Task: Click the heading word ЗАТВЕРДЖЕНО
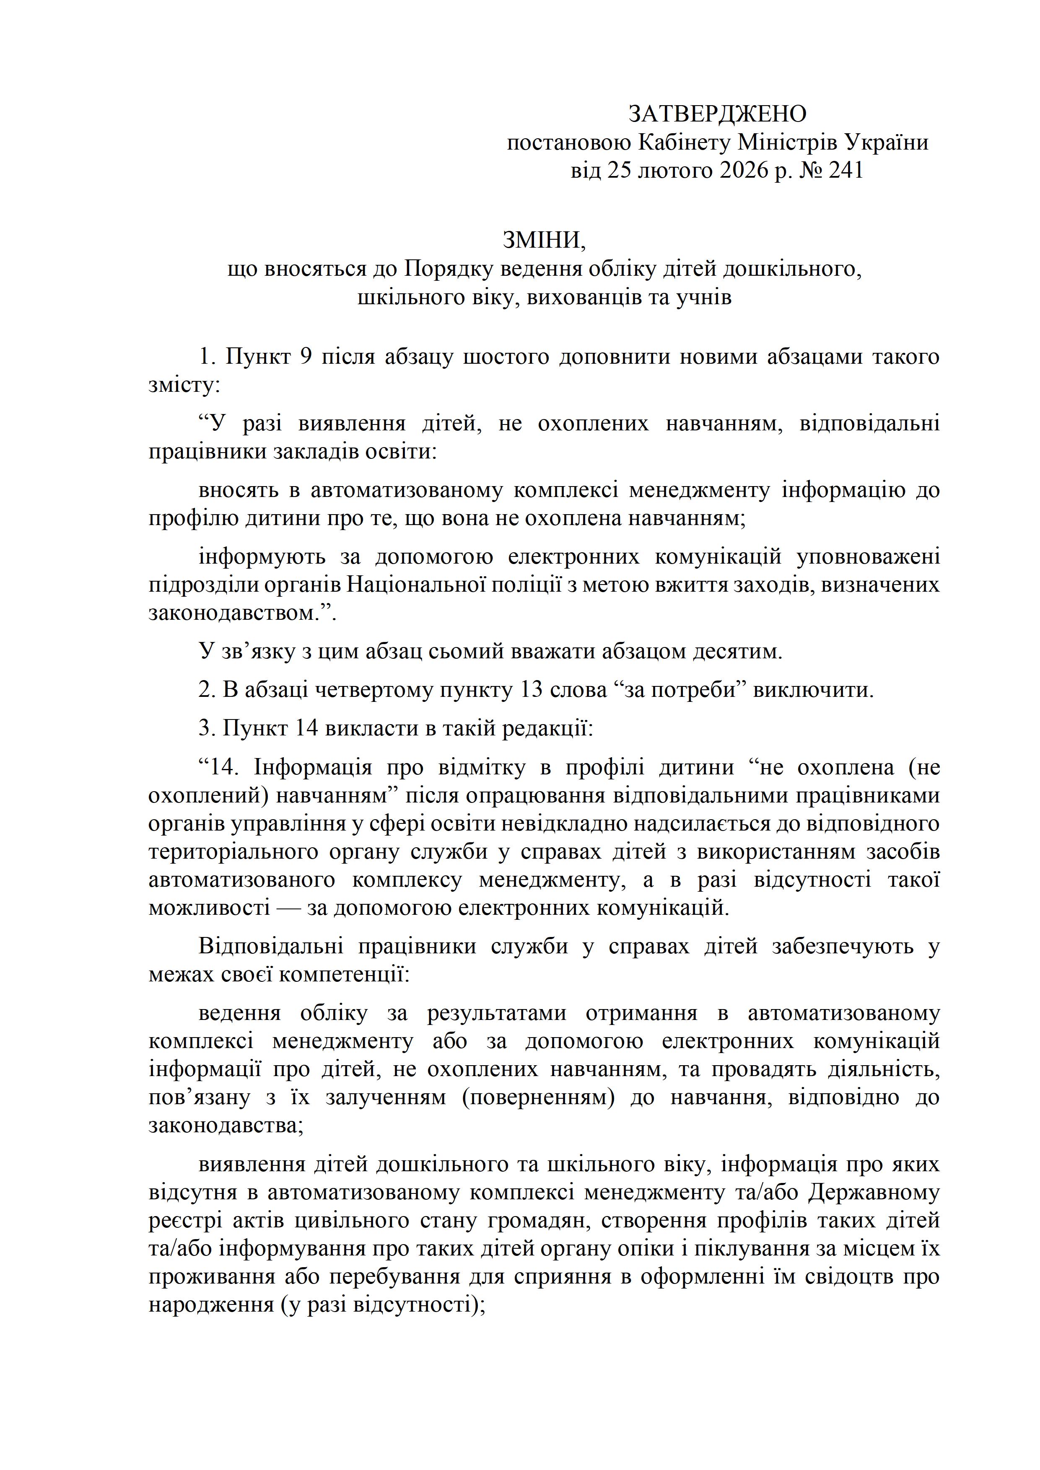point(717,114)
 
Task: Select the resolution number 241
point(846,170)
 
